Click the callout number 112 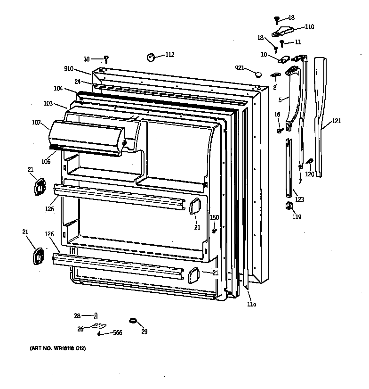170,55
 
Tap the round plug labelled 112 152,57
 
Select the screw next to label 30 107,59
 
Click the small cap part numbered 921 257,74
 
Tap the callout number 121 336,121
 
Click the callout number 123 299,199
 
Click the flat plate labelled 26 99,326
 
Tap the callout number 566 117,333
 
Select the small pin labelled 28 96,315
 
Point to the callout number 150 214,217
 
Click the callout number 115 251,304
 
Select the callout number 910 69,69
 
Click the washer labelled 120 311,162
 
